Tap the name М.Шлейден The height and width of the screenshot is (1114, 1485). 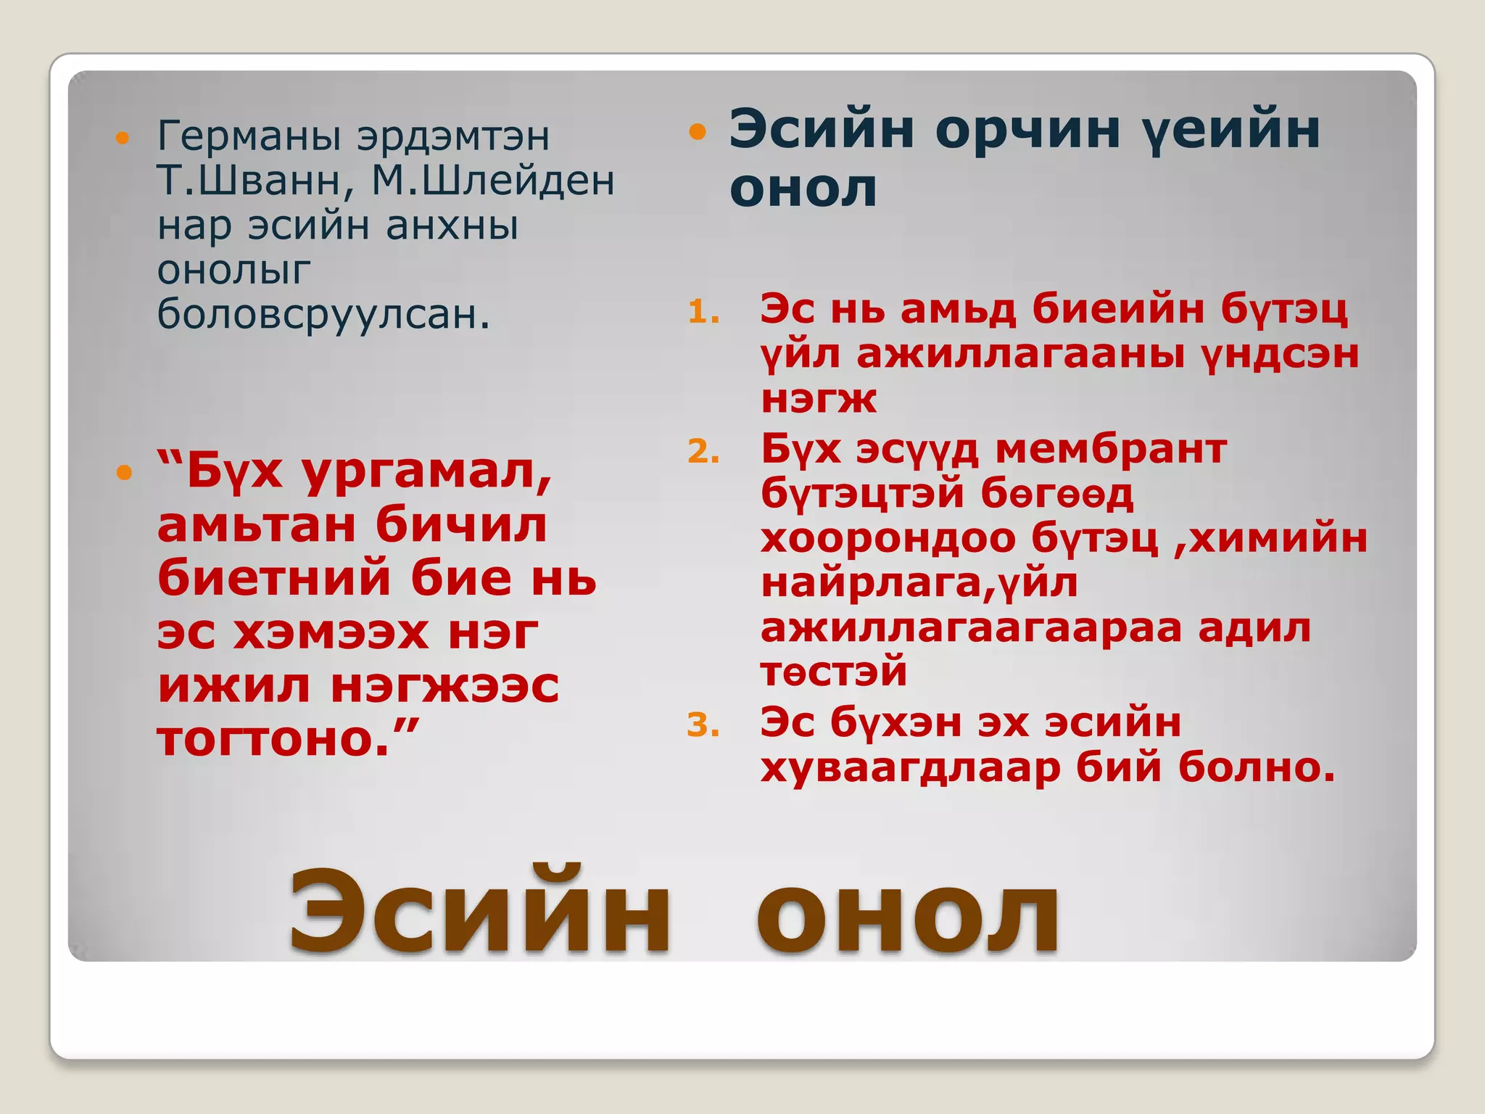(493, 181)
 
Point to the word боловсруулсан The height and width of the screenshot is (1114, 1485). (323, 315)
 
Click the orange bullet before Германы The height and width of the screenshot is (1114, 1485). (123, 138)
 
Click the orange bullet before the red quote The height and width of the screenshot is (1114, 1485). (125, 474)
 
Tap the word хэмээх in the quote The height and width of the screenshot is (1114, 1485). (331, 632)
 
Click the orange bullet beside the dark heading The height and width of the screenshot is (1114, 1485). (697, 131)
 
